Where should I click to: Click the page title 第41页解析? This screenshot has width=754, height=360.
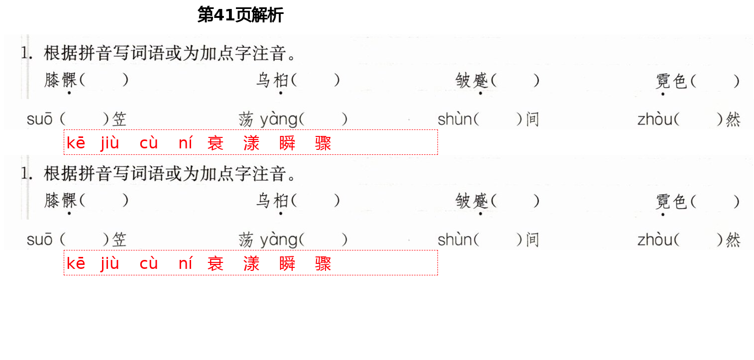(240, 15)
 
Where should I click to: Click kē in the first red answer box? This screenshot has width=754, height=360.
(76, 143)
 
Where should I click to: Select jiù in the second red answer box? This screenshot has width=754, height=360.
(110, 263)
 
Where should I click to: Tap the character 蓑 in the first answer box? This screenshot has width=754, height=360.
(215, 143)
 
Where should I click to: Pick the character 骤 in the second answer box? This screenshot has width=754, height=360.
(323, 263)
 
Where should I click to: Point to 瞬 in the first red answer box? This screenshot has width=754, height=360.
(287, 143)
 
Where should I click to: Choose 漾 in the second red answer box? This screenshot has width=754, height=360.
(251, 263)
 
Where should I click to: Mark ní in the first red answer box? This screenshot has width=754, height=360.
(185, 143)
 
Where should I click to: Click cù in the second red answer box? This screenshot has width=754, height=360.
(148, 263)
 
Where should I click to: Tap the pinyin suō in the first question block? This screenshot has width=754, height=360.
(39, 120)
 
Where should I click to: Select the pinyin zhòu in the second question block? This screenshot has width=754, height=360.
(654, 240)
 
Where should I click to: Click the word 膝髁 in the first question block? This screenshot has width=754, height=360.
(61, 80)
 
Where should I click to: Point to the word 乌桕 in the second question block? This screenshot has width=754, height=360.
(272, 200)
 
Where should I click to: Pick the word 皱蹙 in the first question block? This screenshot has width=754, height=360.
(472, 80)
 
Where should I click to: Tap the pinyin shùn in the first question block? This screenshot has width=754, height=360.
(454, 120)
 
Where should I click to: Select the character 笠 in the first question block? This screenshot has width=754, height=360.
(119, 120)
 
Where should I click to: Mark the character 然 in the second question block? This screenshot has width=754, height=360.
(733, 240)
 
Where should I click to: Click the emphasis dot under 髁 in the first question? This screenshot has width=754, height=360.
(69, 93)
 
